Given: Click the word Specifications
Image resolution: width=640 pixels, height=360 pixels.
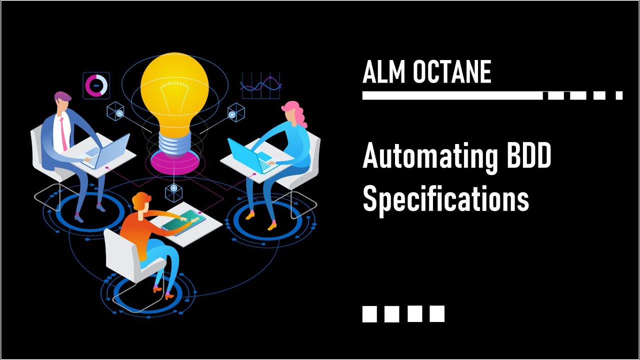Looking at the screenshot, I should [x=445, y=198].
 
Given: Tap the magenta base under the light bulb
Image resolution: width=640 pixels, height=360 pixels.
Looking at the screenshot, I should [x=174, y=160].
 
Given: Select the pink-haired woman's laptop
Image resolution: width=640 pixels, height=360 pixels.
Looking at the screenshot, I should [x=245, y=156].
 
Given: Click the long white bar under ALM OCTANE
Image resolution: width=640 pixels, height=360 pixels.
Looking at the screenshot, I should [x=452, y=95].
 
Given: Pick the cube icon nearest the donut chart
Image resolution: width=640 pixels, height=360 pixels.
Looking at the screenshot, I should [x=116, y=112].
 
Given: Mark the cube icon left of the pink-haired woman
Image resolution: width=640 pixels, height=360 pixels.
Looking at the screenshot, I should [x=235, y=113].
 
